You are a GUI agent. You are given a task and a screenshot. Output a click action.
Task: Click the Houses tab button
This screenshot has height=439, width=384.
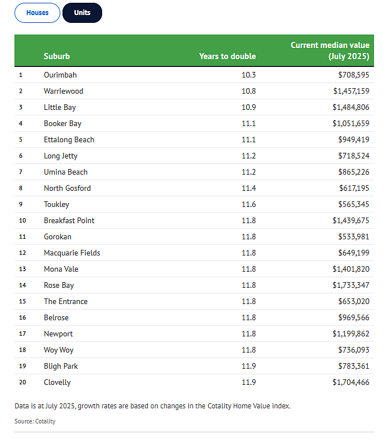[37, 13]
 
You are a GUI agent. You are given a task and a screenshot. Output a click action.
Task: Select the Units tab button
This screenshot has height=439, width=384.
[83, 13]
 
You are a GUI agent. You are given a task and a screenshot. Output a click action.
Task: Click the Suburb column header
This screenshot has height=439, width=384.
[57, 56]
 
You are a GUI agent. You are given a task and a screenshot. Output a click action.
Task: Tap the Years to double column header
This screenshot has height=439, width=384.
[227, 56]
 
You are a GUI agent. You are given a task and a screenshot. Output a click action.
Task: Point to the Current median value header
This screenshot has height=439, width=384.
[330, 51]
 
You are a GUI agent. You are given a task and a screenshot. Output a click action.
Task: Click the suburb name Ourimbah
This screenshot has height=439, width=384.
[60, 75]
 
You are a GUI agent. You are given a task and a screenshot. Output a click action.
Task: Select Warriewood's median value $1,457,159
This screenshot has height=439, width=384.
[351, 91]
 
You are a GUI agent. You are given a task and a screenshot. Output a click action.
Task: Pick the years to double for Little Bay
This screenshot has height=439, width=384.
[249, 107]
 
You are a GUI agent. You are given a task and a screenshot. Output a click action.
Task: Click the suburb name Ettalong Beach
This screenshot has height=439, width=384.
[69, 139]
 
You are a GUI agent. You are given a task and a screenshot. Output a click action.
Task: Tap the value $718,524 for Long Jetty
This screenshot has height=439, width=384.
[354, 156]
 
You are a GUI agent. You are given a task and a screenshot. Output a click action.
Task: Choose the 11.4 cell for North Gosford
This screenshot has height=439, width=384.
[249, 188]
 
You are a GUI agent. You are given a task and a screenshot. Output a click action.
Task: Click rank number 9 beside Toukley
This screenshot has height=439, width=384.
[21, 204]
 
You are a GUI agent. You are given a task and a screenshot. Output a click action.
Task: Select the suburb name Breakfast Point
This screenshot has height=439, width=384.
[69, 221]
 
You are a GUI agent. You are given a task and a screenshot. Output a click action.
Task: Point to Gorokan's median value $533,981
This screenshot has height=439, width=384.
[354, 237]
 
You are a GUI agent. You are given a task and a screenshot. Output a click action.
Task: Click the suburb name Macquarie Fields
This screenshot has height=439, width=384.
[72, 253]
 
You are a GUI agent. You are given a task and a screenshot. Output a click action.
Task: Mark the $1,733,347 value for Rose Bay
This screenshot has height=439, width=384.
[351, 285]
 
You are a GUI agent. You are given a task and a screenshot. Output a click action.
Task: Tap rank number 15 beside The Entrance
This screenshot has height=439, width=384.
[22, 302]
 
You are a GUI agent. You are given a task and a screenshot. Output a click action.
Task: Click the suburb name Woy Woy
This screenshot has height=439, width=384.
[59, 350]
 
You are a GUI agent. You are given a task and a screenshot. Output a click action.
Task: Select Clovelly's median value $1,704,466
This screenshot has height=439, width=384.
[351, 383]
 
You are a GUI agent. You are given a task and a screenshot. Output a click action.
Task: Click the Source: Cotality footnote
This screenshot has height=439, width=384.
[35, 421]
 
